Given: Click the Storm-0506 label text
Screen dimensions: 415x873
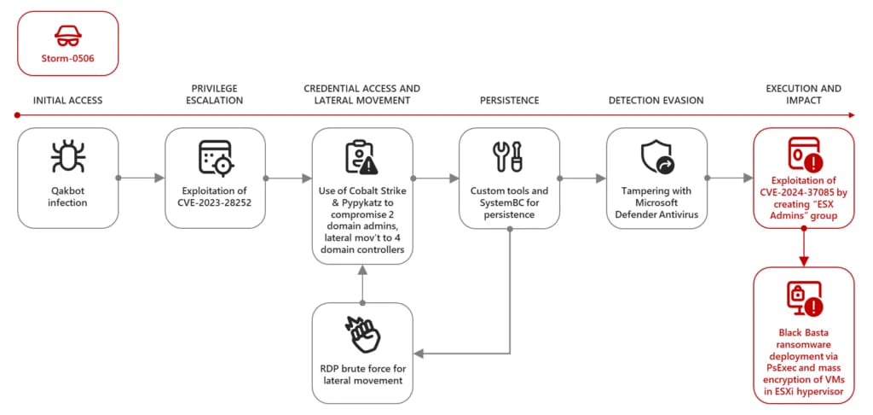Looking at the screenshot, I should [x=67, y=58].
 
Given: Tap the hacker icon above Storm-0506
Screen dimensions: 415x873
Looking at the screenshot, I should [x=67, y=36].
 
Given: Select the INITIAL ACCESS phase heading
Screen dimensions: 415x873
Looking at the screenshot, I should [x=67, y=100].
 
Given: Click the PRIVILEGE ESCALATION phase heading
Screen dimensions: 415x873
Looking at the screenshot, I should [x=216, y=94].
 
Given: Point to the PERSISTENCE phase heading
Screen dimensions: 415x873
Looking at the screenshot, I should [x=509, y=100].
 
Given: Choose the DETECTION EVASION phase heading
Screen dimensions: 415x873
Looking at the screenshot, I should [x=656, y=100].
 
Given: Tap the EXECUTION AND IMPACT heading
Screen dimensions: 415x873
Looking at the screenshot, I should [x=803, y=94].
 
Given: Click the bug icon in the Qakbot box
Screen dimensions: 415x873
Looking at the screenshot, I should [x=68, y=159].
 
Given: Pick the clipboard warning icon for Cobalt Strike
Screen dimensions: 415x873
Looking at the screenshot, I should [x=361, y=157].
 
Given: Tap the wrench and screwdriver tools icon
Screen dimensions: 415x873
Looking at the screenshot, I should [x=509, y=157].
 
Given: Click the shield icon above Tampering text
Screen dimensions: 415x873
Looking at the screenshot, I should [x=656, y=157].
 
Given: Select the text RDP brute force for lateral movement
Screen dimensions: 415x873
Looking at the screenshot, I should [x=362, y=374].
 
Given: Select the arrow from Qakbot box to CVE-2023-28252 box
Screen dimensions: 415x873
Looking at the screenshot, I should [x=141, y=178].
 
